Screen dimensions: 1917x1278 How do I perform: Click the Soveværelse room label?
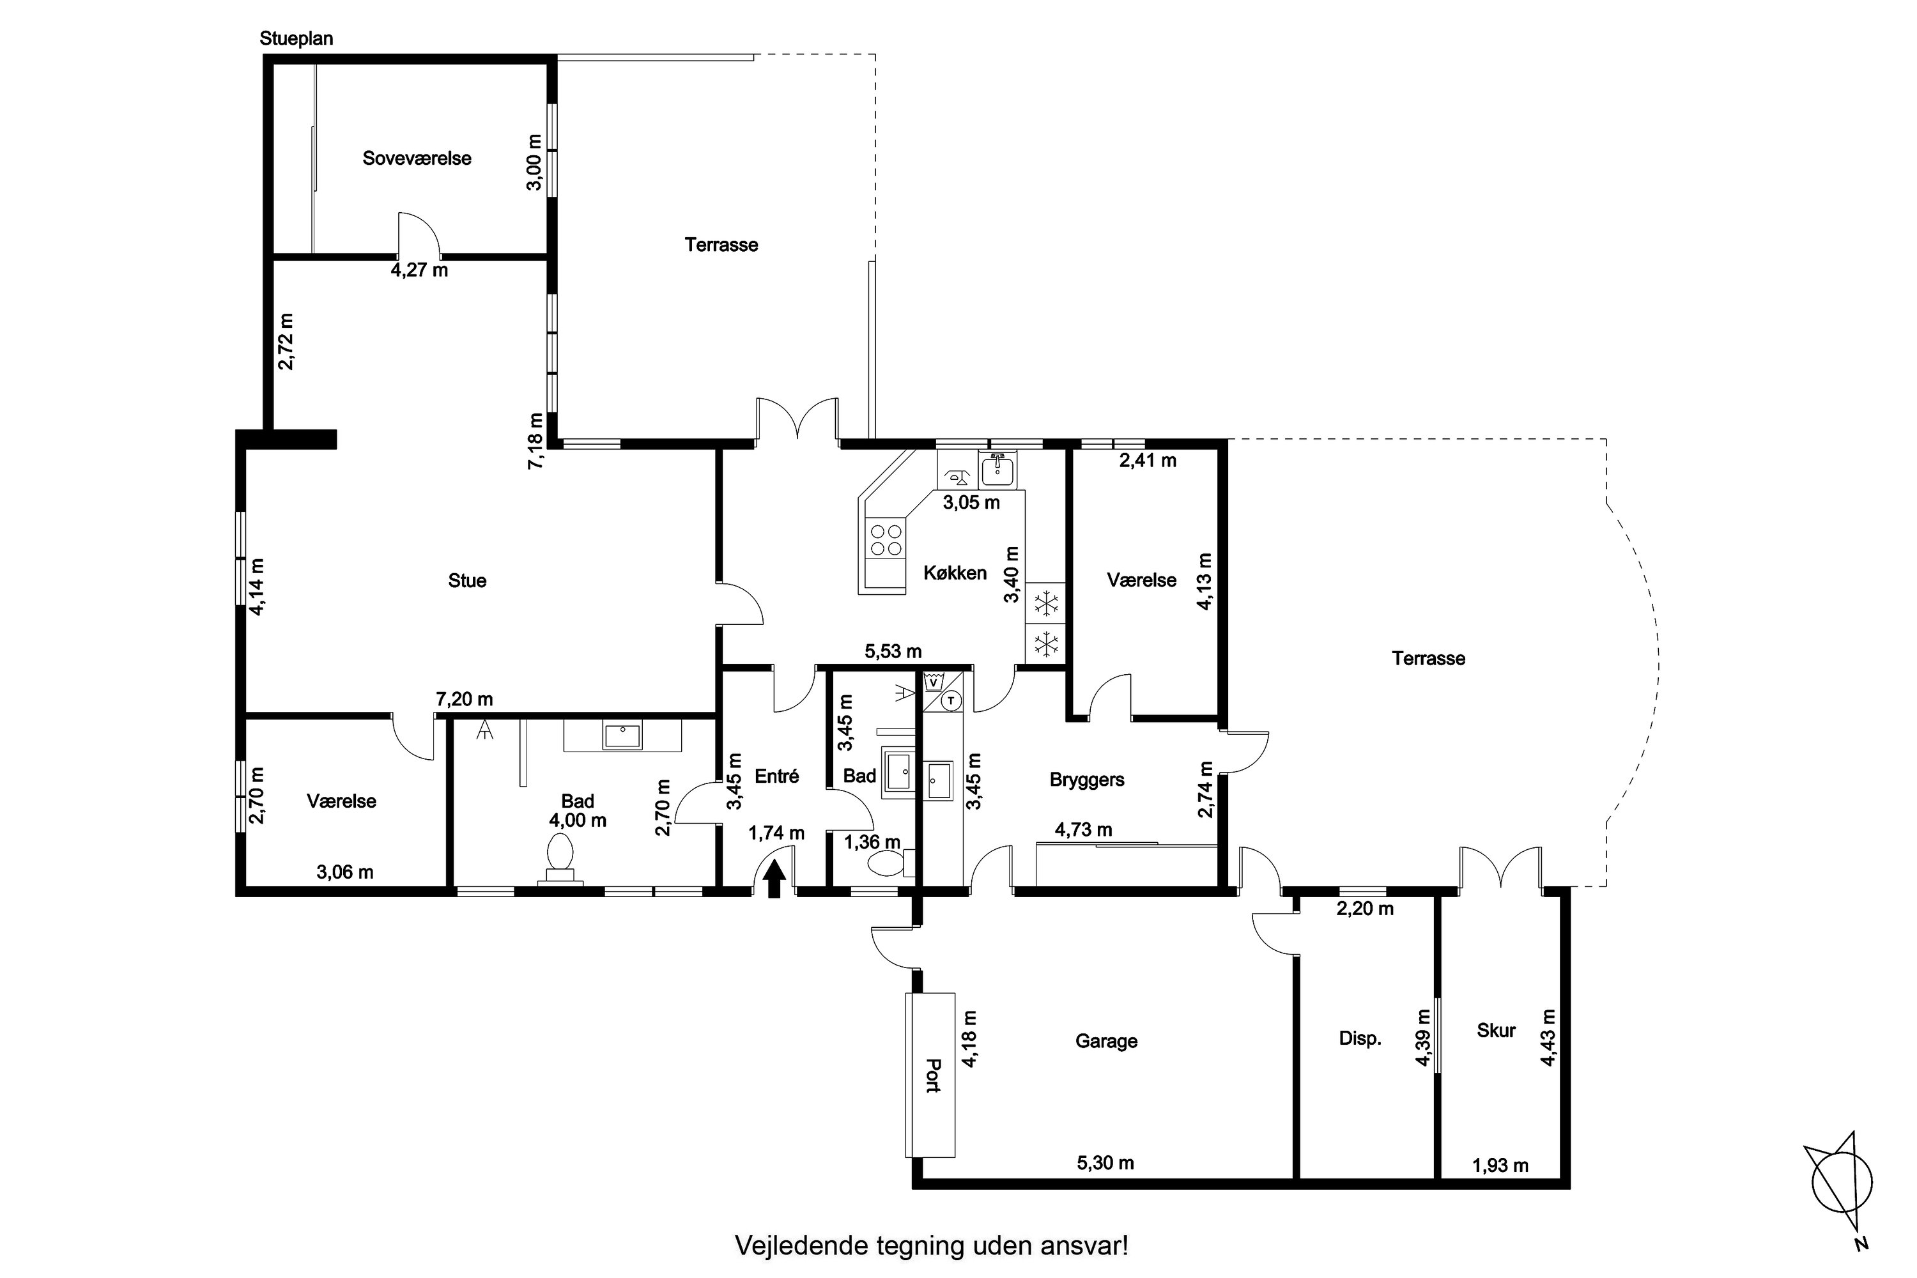417,158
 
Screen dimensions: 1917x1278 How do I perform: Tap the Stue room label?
467,580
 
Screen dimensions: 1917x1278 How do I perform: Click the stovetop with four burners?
886,539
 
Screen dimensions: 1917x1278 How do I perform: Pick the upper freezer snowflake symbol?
1045,604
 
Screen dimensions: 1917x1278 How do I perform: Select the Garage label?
1106,1041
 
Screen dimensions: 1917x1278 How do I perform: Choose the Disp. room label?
1360,1039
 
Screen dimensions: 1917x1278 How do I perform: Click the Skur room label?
1496,1030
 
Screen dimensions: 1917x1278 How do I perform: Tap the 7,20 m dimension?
464,699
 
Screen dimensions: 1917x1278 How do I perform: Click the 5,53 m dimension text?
893,651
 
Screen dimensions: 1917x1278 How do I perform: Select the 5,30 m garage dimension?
1105,1162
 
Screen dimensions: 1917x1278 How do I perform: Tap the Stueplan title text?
296,38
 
